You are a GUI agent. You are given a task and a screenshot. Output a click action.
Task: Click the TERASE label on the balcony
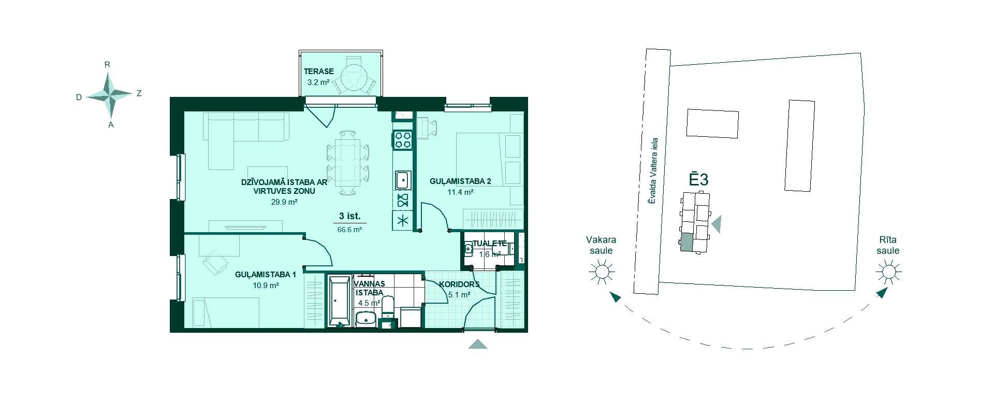[318, 72]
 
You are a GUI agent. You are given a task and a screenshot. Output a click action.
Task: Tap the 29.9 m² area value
[284, 203]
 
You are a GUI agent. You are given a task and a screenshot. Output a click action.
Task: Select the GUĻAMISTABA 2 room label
[460, 181]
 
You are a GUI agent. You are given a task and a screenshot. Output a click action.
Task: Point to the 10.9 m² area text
[266, 286]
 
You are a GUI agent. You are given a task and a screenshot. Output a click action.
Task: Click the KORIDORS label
[459, 285]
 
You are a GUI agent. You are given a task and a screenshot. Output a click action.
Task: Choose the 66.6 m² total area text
[349, 230]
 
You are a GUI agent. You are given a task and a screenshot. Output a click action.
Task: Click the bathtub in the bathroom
[340, 301]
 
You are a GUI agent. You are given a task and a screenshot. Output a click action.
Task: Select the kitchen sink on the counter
[403, 180]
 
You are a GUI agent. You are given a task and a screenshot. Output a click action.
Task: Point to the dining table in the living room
[347, 162]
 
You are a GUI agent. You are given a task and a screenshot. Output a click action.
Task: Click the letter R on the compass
[107, 65]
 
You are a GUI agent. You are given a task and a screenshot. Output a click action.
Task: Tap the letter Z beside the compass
[139, 94]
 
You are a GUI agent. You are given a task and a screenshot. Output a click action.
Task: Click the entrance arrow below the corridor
[478, 345]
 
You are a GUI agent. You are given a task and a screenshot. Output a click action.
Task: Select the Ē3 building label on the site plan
[698, 179]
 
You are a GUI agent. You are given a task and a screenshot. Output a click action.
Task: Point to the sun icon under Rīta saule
[888, 272]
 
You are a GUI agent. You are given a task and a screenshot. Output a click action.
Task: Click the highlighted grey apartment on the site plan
[686, 243]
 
